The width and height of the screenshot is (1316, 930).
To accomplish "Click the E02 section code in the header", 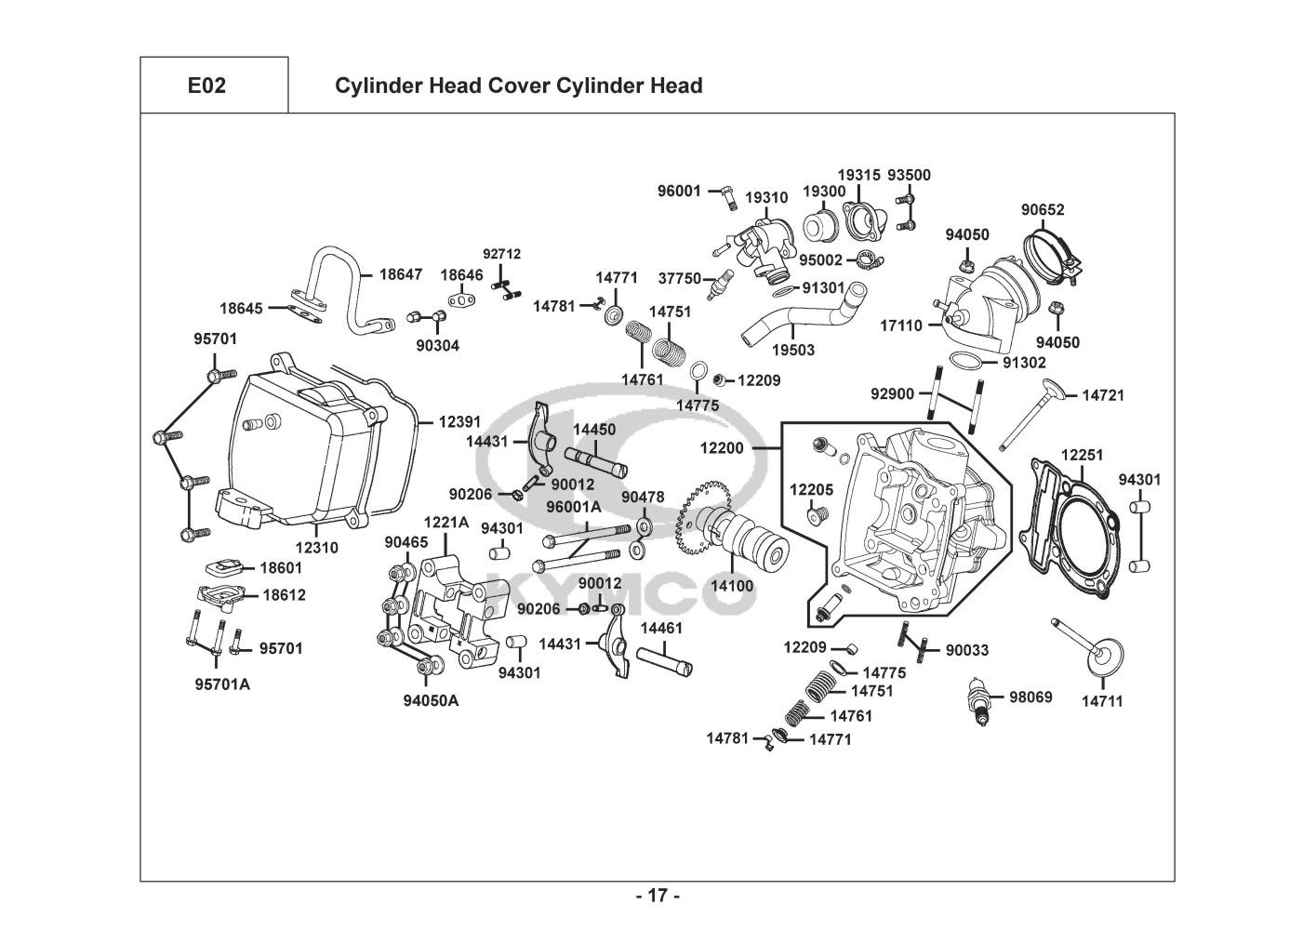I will coord(206,86).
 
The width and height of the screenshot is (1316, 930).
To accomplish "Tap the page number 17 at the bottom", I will coord(658,897).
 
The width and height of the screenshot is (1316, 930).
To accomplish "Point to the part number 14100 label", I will coord(732,587).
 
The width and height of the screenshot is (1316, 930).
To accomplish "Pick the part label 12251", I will coord(1082,455).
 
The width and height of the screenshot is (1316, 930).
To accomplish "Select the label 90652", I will coord(1043,210).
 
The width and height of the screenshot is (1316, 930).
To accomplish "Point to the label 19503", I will coord(794,350).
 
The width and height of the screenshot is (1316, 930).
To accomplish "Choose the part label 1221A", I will coord(446,522).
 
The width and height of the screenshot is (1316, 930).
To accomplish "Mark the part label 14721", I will coord(1103,395).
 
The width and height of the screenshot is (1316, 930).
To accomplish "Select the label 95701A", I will coord(222,685).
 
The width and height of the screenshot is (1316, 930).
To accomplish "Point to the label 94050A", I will coord(431,700).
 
